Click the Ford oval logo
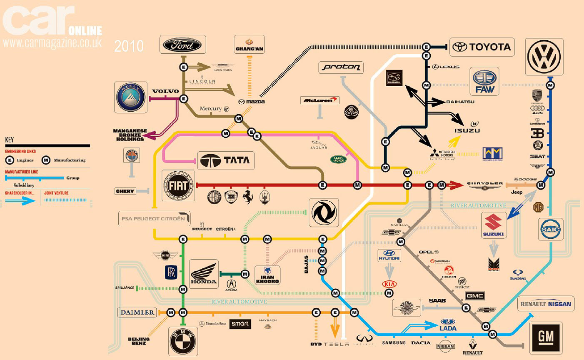(x=182, y=45)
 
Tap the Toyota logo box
(x=484, y=47)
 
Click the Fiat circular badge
(x=178, y=186)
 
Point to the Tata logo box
(x=225, y=160)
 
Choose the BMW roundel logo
(x=182, y=341)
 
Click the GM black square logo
(x=546, y=338)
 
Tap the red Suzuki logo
(x=494, y=225)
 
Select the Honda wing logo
(x=204, y=274)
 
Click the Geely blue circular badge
(x=131, y=97)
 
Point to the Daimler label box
(x=137, y=312)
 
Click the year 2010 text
(x=129, y=46)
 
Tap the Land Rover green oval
(x=338, y=159)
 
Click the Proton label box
(x=341, y=67)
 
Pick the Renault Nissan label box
(x=546, y=304)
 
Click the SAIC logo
(x=551, y=229)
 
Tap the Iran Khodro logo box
(x=267, y=275)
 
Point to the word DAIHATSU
(x=460, y=102)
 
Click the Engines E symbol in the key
(x=9, y=160)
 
